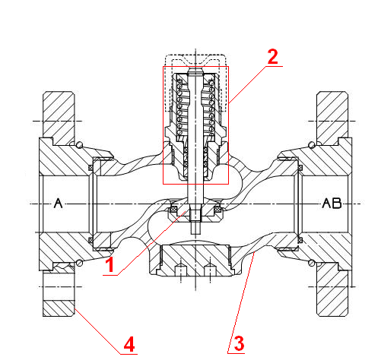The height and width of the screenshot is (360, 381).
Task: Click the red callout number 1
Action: click(110, 264)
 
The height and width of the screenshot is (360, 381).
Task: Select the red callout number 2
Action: click(273, 57)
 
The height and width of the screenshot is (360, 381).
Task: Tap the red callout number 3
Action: click(239, 343)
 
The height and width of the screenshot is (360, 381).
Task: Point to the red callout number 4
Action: click(129, 344)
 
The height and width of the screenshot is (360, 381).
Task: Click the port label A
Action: click(59, 203)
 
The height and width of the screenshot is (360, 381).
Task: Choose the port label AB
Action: click(332, 203)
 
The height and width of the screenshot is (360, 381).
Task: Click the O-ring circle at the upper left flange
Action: click(79, 144)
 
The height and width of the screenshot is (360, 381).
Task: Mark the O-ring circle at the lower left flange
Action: click(79, 263)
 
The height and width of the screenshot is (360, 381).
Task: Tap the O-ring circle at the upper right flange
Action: click(312, 144)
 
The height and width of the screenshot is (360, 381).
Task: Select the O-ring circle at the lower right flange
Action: click(312, 263)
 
